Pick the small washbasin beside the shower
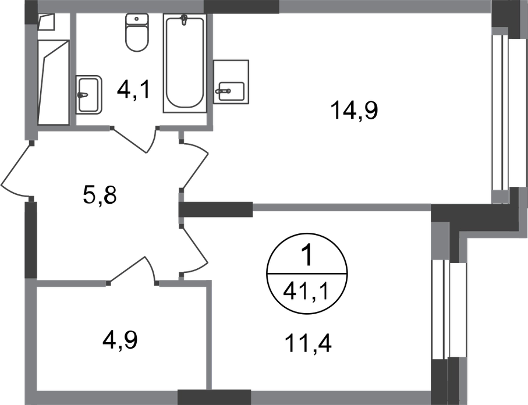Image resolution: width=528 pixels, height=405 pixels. [x=89, y=92]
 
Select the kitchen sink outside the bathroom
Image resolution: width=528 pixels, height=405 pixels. [x=232, y=81]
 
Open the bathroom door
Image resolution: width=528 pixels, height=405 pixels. [x=135, y=140]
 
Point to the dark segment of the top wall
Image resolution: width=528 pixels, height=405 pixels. [x=241, y=7]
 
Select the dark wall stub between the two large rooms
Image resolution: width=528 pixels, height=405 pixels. [x=217, y=209]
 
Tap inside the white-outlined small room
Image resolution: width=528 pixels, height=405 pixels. [x=119, y=337]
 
